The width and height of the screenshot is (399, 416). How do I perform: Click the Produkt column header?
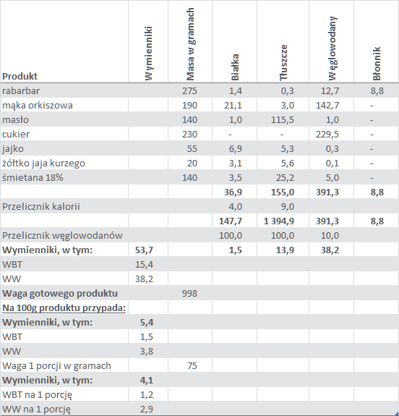tap(20, 77)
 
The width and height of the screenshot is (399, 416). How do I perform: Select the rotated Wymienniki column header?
tap(149, 53)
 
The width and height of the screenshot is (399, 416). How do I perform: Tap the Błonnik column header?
tap(377, 64)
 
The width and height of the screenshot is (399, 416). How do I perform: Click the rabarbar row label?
tap(21, 90)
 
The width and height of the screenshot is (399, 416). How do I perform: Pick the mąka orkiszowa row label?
tap(38, 106)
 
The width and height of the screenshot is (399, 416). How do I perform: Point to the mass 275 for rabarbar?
tap(189, 91)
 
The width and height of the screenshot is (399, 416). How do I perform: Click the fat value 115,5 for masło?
tap(283, 120)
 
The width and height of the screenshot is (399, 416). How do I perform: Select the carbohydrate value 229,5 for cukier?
tap(327, 135)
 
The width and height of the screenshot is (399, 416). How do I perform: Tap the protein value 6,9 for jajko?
tap(236, 149)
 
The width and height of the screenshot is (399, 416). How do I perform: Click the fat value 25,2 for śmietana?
tap(285, 178)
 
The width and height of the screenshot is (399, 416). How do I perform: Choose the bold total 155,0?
tap(283, 192)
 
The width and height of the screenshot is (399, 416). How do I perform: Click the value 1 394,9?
tap(279, 221)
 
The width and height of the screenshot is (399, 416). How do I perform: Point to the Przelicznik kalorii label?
tap(41, 207)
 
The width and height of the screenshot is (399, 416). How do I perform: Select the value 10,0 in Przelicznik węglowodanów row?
tap(330, 236)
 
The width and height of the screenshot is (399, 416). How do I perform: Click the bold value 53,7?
tap(144, 250)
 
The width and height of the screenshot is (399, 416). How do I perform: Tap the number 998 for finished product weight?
tap(189, 294)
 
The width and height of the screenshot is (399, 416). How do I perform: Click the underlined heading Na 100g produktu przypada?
tap(64, 308)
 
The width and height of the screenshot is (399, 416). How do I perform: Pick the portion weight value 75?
tap(192, 366)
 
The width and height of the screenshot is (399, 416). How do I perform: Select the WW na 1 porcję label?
tap(37, 409)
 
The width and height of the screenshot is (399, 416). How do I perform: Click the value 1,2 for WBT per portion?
tap(147, 395)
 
